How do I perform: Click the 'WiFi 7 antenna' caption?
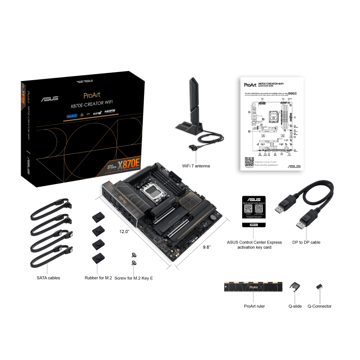pos(195,166)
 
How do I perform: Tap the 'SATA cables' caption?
pos(49,278)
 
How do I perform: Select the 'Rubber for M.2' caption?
pos(98,278)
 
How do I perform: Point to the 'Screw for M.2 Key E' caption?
pos(134,278)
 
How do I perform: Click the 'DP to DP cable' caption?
pos(306,243)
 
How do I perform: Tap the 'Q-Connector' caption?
pos(319,306)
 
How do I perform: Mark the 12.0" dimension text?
pos(124,231)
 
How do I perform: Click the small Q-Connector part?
pos(319,286)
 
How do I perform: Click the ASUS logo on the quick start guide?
pos(294,166)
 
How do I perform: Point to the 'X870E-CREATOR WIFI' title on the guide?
pos(275,84)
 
